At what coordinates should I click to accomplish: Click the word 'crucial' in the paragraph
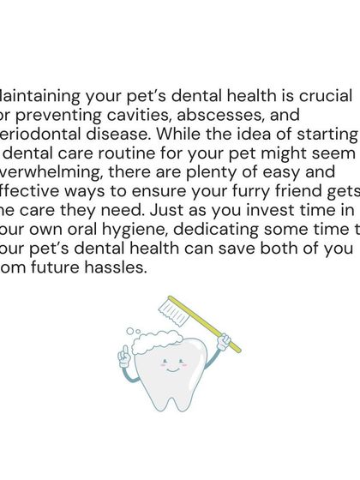point(319,95)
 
